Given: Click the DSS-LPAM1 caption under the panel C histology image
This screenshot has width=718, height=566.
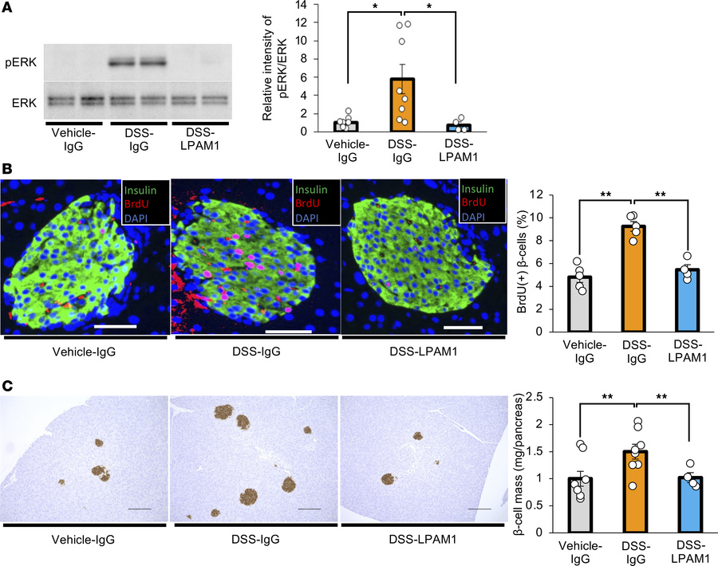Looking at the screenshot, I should click(421, 540).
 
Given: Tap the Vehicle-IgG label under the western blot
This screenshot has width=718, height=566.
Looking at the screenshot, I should click(72, 140).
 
